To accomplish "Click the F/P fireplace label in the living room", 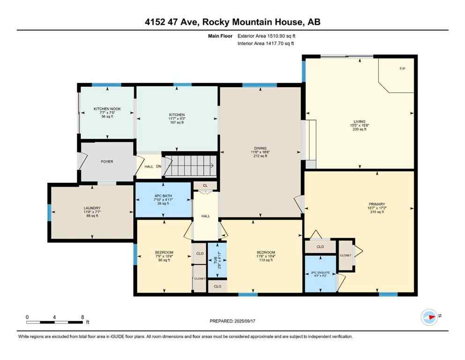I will [x=402, y=69].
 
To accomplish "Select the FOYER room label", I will [x=106, y=162].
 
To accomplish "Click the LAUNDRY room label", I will [x=92, y=208].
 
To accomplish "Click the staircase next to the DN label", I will [x=190, y=165].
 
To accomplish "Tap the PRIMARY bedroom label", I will [x=376, y=204].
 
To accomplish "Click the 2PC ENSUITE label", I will [x=320, y=272].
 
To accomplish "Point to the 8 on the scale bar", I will [x=82, y=317].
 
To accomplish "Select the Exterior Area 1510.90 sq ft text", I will [x=266, y=36].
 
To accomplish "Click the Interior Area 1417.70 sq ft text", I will [x=266, y=44].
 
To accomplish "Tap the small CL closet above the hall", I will [x=205, y=186].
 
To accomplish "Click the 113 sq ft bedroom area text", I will [x=265, y=260].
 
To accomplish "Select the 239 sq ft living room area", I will [x=360, y=129].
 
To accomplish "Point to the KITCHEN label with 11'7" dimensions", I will [x=177, y=115].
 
